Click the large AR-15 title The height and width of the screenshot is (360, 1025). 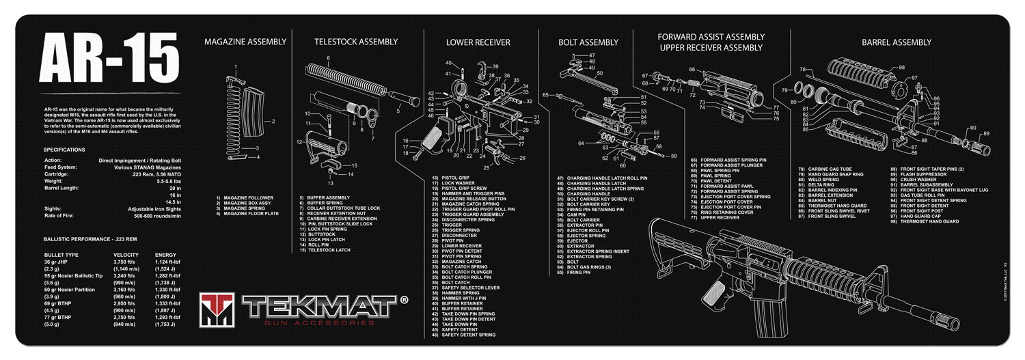pyautogui.click(x=109, y=57)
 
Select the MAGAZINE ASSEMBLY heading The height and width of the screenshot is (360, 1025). pyautogui.click(x=245, y=42)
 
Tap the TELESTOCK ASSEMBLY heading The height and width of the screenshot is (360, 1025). pyautogui.click(x=355, y=42)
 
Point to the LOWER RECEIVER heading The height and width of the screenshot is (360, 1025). pyautogui.click(x=478, y=42)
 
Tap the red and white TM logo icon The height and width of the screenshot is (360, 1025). pyautogui.click(x=217, y=309)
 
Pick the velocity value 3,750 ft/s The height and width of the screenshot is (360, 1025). pyautogui.click(x=127, y=262)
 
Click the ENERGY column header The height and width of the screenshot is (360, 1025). pyautogui.click(x=167, y=255)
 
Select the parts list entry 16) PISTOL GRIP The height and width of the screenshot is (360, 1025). pyautogui.click(x=454, y=178)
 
